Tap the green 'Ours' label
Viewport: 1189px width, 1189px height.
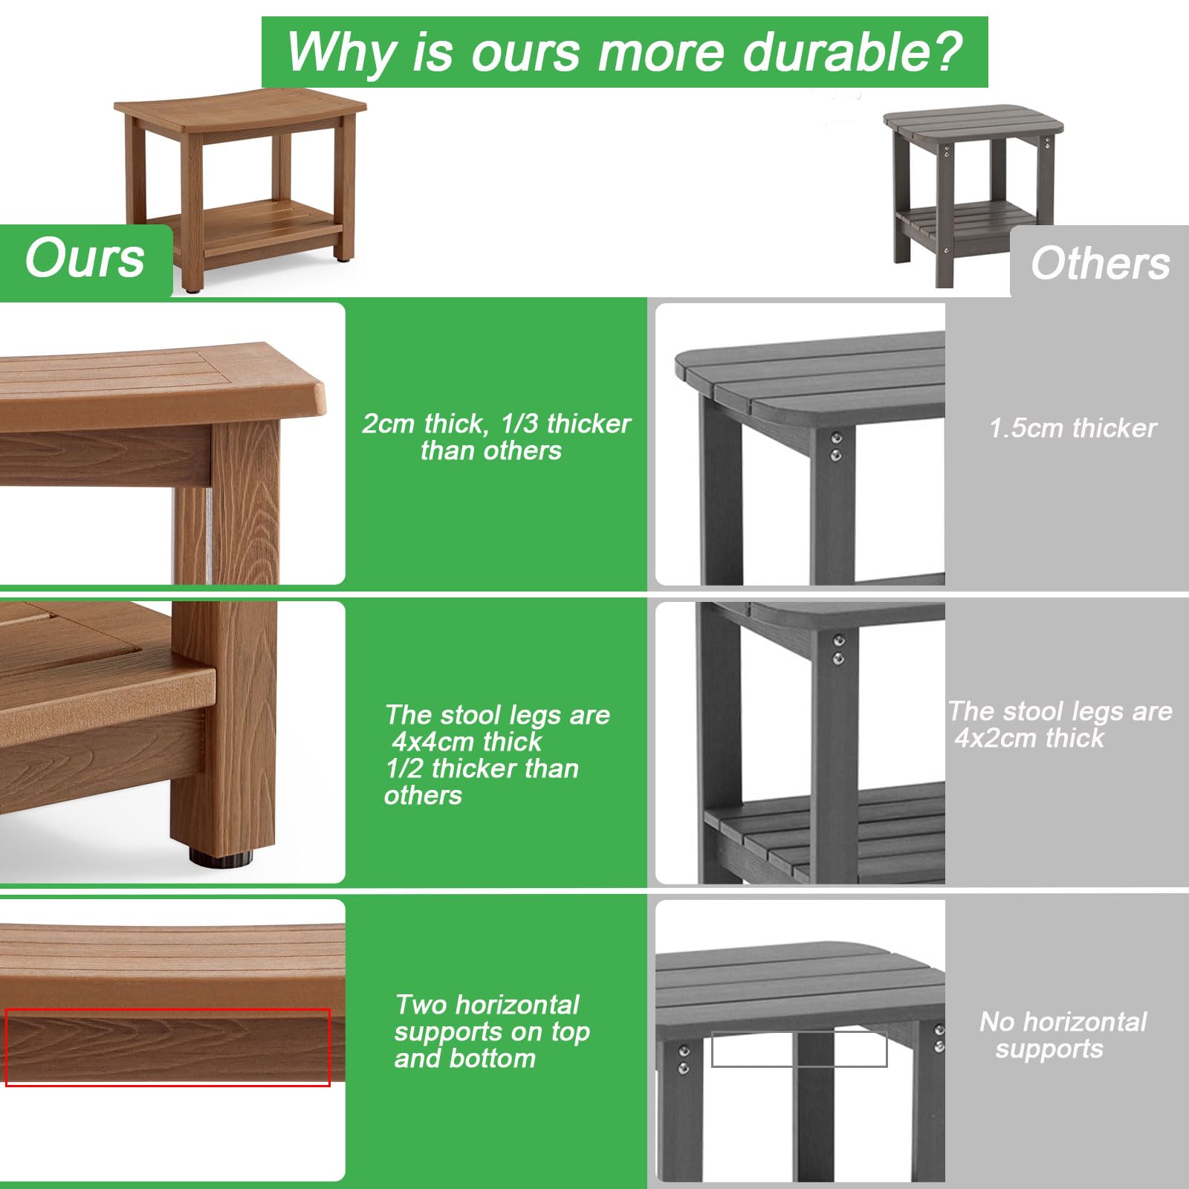click(85, 259)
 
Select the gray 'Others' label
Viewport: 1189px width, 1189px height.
click(1100, 263)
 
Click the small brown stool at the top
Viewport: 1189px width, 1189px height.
click(242, 186)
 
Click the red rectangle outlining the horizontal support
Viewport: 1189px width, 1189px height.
click(168, 1046)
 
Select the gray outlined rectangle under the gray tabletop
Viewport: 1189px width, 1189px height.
click(800, 1049)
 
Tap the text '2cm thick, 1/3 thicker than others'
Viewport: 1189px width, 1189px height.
click(496, 437)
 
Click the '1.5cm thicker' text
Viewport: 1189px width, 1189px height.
click(1072, 428)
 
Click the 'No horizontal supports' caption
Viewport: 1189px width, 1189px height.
click(1063, 1034)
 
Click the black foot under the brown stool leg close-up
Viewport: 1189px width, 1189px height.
click(221, 858)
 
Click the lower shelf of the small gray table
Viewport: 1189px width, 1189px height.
click(966, 221)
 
